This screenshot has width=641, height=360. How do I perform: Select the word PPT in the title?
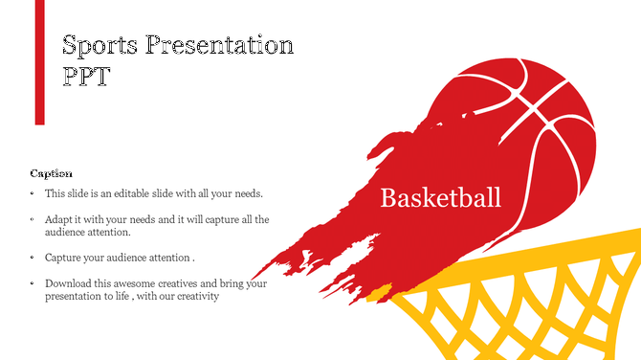84,78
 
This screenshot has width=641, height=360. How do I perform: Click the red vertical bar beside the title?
40,62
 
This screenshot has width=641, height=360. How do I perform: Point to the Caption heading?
51,173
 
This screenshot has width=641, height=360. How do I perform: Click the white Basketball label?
440,198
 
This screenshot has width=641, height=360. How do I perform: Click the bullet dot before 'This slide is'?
33,193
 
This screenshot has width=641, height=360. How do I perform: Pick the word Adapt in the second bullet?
58,219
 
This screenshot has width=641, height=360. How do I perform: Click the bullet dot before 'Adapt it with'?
33,219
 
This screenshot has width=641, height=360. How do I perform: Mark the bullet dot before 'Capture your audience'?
33,258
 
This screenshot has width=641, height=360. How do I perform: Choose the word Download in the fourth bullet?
68,283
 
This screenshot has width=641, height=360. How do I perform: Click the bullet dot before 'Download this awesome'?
33,283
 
